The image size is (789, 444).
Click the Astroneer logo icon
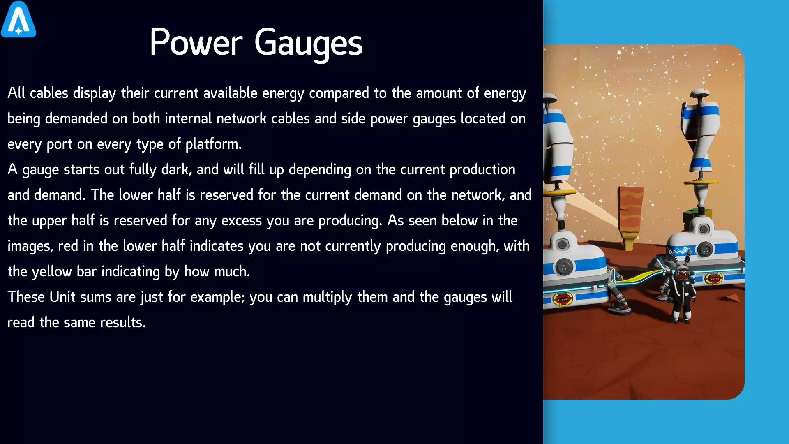click(x=18, y=19)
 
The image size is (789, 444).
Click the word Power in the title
click(x=196, y=42)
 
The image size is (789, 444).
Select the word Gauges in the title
click(x=308, y=43)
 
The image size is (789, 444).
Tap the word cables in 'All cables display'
click(x=49, y=93)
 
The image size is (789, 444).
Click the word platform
click(x=213, y=144)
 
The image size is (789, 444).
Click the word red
click(x=68, y=246)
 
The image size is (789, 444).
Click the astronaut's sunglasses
click(x=683, y=273)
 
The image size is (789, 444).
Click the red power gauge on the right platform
click(x=714, y=279)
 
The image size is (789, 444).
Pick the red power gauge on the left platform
click(x=563, y=299)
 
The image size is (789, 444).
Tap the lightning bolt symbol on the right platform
click(x=680, y=250)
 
